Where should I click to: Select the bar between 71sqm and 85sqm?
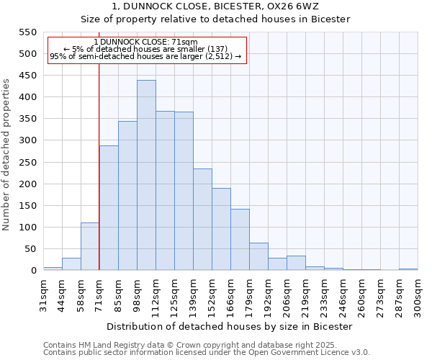pos(109,208)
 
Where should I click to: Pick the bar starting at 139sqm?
pos(202,220)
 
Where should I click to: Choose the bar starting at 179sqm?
pos(258,256)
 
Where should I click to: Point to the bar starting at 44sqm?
pos(71,264)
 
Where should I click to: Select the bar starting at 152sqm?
pos(221,229)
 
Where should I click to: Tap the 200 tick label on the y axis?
pos(27,184)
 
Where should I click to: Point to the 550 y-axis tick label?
pos(27,32)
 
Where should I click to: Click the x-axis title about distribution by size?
pos(230,326)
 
